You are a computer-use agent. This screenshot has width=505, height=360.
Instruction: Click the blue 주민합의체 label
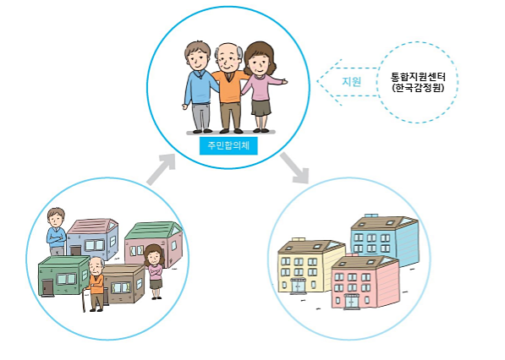pyautogui.click(x=228, y=146)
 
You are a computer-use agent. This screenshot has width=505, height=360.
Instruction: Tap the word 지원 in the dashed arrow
pyautogui.click(x=351, y=82)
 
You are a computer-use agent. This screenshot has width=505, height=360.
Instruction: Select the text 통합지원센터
pyautogui.click(x=418, y=77)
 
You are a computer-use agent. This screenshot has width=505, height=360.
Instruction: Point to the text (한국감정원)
pyautogui.click(x=418, y=88)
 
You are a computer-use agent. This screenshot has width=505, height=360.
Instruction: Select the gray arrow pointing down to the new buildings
pyautogui.click(x=294, y=167)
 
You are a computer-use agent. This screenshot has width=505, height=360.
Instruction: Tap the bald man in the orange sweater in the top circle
pyautogui.click(x=229, y=88)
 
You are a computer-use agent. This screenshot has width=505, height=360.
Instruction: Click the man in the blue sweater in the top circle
pyautogui.click(x=199, y=87)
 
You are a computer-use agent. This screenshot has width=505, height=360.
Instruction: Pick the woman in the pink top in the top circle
pyautogui.click(x=261, y=87)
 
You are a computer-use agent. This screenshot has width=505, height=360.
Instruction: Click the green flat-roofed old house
pyautogui.click(x=63, y=275)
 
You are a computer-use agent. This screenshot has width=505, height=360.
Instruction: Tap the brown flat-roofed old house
pyautogui.click(x=124, y=284)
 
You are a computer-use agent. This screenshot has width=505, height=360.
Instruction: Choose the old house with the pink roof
pyautogui.click(x=93, y=237)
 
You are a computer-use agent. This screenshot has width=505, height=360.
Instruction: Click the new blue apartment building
pyautogui.click(x=385, y=239)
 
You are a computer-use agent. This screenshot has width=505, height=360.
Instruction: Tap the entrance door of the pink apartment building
pyautogui.click(x=352, y=302)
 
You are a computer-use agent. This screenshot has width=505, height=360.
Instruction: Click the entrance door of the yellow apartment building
pyautogui.click(x=299, y=286)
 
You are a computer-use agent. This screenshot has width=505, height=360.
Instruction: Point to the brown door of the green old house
pyautogui.click(x=48, y=287)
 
